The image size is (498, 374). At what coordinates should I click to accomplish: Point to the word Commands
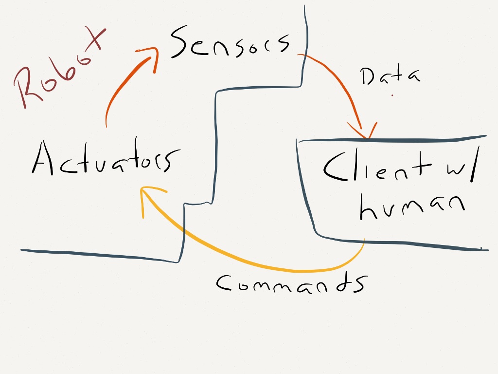[x=291, y=282]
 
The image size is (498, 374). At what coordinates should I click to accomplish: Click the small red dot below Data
[x=392, y=96]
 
